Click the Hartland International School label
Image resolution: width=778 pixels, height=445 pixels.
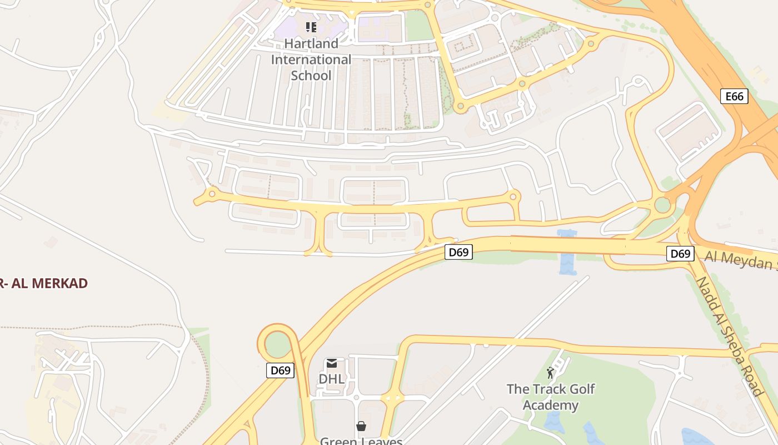311,60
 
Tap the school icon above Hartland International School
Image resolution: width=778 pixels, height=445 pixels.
311,27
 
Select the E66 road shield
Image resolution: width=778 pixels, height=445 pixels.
734,96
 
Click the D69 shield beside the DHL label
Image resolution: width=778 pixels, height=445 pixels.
280,370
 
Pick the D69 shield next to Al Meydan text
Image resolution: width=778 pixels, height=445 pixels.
680,254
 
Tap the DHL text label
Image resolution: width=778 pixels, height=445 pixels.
332,379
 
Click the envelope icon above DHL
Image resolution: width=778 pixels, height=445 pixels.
332,364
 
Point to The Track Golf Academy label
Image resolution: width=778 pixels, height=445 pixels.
550,397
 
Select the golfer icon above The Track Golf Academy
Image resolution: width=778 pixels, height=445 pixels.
550,373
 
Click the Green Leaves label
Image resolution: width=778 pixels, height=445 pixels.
361,441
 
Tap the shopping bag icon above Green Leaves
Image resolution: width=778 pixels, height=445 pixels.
361,426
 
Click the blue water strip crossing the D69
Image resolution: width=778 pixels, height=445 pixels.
566,251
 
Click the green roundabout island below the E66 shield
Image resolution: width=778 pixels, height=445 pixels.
662,205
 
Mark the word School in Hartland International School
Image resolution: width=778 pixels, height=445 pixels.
311,76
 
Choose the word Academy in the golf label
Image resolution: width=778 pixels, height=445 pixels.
550,406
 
